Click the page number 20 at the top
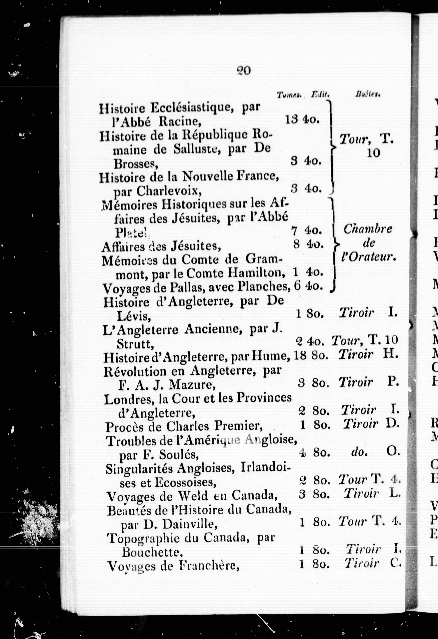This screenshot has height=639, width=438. pos(243,71)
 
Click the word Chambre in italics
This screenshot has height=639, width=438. pos(368,229)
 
